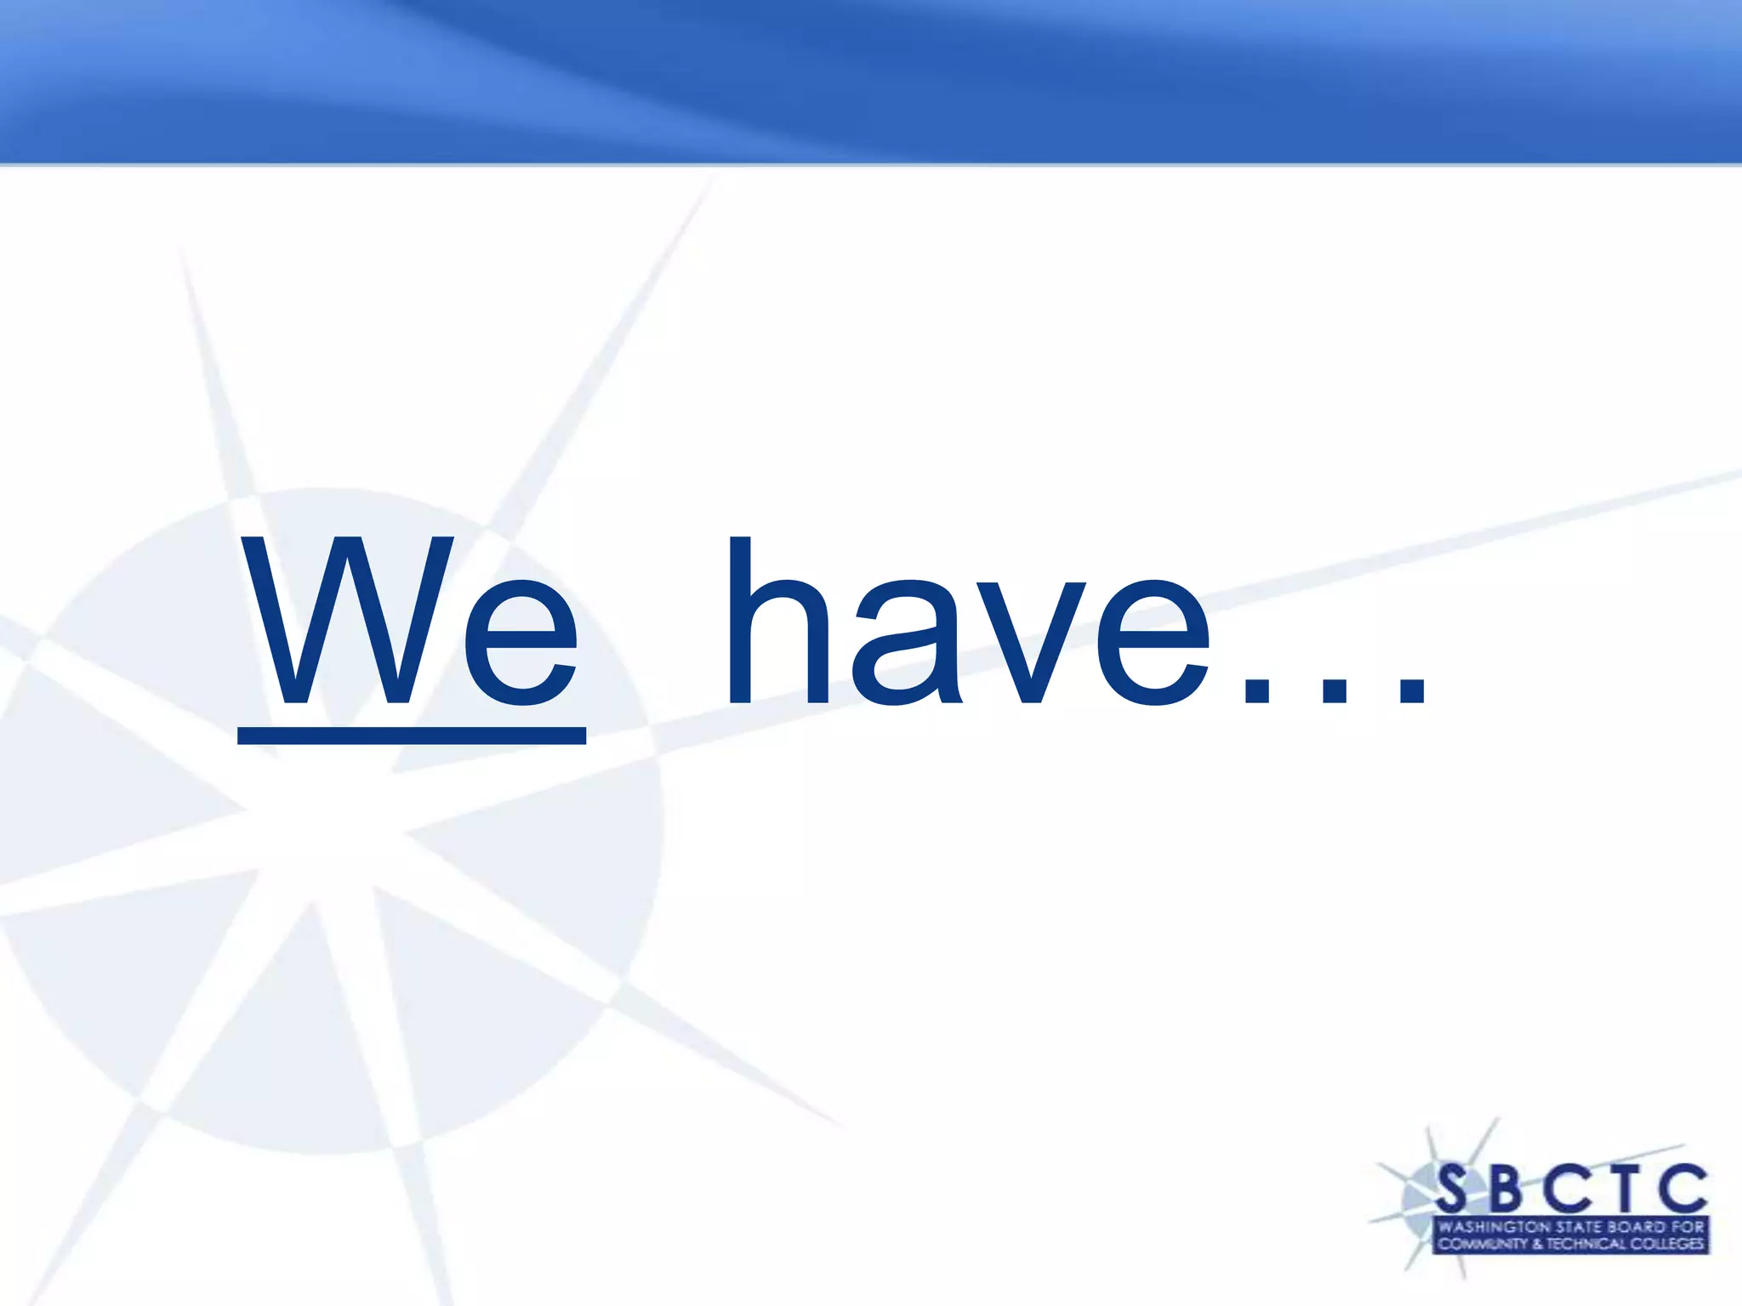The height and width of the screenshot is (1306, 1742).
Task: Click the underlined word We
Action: (412, 625)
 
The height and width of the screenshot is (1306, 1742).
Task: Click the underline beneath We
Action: (412, 735)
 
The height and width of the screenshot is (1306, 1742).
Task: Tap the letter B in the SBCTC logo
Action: (1508, 1190)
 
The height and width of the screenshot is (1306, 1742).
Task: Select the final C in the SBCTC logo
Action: (1682, 1190)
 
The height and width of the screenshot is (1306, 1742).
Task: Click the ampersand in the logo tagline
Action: (1537, 1244)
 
